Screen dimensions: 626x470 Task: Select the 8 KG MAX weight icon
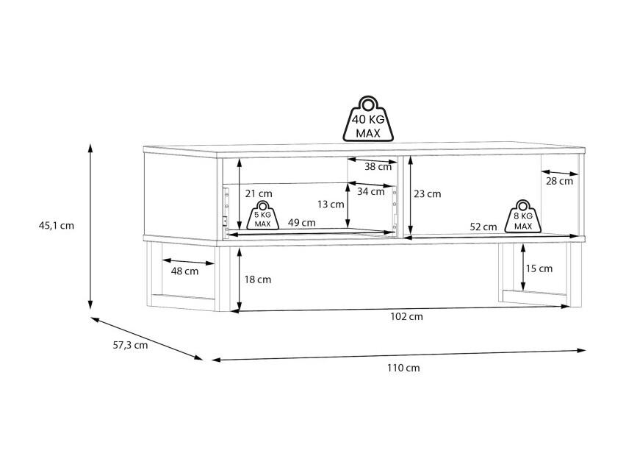point(523,216)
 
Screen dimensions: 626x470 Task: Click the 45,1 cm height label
point(57,225)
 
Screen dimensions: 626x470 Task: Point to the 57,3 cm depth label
point(130,345)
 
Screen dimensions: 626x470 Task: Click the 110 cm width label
point(403,368)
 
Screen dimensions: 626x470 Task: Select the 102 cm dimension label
point(406,316)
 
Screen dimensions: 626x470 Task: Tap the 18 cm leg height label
point(257,279)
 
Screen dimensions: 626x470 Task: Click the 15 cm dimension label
point(539,268)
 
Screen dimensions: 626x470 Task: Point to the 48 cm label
point(184,271)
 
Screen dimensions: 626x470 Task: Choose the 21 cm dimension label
point(259,194)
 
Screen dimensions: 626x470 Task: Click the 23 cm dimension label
point(427,194)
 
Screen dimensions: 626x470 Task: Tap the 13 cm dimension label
point(331,204)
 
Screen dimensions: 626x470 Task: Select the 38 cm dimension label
point(378,167)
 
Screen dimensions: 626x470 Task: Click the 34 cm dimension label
point(370,192)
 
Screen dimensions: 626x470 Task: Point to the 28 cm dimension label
point(559,182)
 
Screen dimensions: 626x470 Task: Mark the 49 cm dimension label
point(301,223)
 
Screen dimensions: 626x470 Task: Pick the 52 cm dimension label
point(483,227)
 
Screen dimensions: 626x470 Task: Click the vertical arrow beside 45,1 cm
point(90,227)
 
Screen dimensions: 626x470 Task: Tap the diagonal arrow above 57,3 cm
point(147,338)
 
